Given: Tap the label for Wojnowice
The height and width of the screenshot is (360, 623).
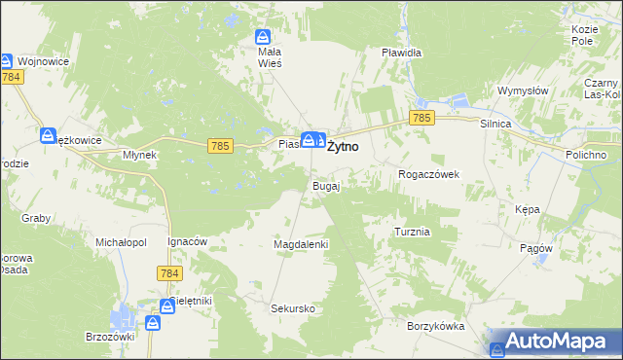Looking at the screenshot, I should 42,60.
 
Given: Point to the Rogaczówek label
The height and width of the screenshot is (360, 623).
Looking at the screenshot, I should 428,174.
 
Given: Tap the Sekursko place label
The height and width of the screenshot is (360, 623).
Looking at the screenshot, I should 293,308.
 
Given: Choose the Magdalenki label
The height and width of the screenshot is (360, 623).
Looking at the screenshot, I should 302,244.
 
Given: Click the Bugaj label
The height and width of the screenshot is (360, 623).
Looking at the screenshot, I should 325,186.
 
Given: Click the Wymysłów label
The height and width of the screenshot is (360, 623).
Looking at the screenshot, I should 524,90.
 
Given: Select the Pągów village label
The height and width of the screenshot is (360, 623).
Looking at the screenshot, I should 536,248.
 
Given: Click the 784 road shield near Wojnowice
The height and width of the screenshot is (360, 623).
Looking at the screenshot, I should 13,76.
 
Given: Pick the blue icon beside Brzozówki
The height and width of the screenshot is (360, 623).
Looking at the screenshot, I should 154,322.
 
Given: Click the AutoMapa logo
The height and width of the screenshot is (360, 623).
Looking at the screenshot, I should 555,342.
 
